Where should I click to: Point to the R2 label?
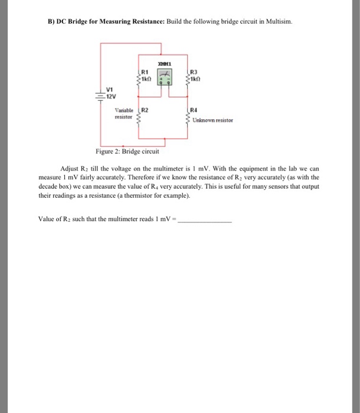[145, 110]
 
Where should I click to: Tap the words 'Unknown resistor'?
[213, 120]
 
